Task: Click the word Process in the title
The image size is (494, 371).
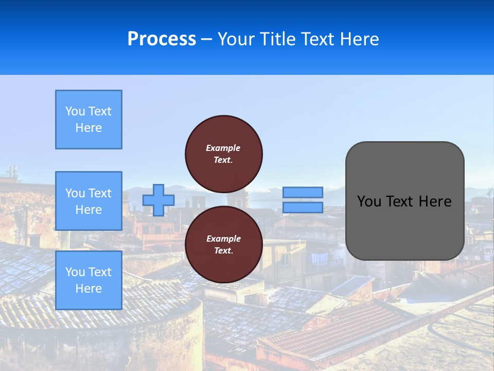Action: [x=162, y=39]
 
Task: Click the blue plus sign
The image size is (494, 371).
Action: [x=158, y=200]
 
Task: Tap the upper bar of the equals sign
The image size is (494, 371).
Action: [x=303, y=192]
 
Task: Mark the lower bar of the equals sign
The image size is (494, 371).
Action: [x=303, y=208]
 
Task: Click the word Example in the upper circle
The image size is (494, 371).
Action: [x=223, y=148]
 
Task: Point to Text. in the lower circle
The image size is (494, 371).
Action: [x=223, y=251]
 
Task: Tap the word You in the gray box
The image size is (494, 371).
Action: [x=369, y=201]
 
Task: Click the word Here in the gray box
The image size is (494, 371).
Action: [x=435, y=201]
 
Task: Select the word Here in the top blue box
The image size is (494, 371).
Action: [x=89, y=128]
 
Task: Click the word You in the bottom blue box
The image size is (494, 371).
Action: [x=75, y=272]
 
